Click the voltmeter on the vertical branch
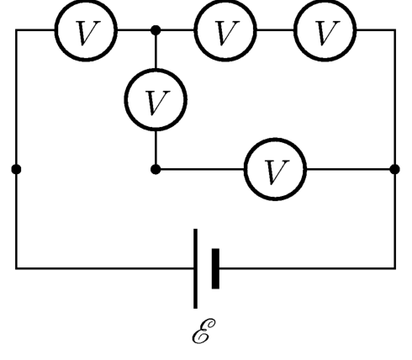click(x=156, y=99)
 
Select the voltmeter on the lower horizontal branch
click(x=275, y=169)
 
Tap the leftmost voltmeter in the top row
click(x=86, y=29)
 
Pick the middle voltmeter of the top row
click(x=225, y=29)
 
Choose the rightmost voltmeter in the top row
click(x=325, y=29)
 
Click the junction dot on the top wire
click(x=156, y=29)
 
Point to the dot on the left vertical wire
click(x=16, y=169)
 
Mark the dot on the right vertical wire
click(x=395, y=169)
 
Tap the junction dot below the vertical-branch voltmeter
click(x=156, y=169)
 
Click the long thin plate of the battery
click(x=195, y=268)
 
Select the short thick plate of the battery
click(x=215, y=268)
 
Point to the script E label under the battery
click(x=203, y=331)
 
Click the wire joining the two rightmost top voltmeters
click(x=275, y=29)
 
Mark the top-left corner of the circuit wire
click(x=16, y=29)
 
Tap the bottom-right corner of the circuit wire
click(x=395, y=268)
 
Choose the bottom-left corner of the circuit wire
click(x=16, y=268)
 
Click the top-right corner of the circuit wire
click(x=395, y=29)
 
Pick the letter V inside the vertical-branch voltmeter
click(x=158, y=103)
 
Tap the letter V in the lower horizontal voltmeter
click(x=277, y=172)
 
